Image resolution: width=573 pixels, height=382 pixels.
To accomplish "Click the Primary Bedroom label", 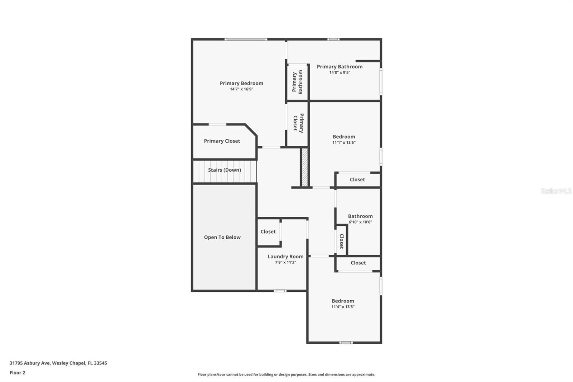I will (x=241, y=83).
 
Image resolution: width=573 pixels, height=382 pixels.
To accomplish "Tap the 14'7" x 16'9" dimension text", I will (x=241, y=89).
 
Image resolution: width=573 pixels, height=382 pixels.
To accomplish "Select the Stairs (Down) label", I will (x=225, y=170).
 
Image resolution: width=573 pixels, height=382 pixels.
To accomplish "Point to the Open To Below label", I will (x=222, y=237).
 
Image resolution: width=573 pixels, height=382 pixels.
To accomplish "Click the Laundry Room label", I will (x=285, y=257).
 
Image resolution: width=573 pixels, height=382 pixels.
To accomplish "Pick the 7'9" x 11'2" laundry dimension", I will (x=285, y=262).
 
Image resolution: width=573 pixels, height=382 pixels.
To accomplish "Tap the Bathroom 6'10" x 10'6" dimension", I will (x=360, y=222).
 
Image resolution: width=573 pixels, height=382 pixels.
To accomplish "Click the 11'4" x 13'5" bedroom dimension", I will (x=343, y=307).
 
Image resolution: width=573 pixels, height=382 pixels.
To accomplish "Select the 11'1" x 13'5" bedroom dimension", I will (x=344, y=143).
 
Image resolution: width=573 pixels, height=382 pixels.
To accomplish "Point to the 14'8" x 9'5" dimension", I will (x=340, y=72).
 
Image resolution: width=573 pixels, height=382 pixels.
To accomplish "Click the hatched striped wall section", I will (x=305, y=167).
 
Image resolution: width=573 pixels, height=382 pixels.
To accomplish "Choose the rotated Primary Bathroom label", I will (x=297, y=82).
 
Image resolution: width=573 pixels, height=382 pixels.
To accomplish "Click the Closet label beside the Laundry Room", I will (x=268, y=232).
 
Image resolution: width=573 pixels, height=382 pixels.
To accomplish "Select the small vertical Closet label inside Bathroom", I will (x=341, y=241).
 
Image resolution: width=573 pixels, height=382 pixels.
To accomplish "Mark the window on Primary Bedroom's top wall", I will (x=246, y=39).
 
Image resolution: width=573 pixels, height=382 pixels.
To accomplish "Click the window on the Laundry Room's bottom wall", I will (x=280, y=291).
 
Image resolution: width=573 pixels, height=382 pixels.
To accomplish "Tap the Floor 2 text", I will (x=17, y=373).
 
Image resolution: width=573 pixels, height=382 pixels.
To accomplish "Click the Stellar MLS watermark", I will (x=556, y=191).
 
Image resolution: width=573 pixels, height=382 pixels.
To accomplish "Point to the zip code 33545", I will (x=100, y=363).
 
